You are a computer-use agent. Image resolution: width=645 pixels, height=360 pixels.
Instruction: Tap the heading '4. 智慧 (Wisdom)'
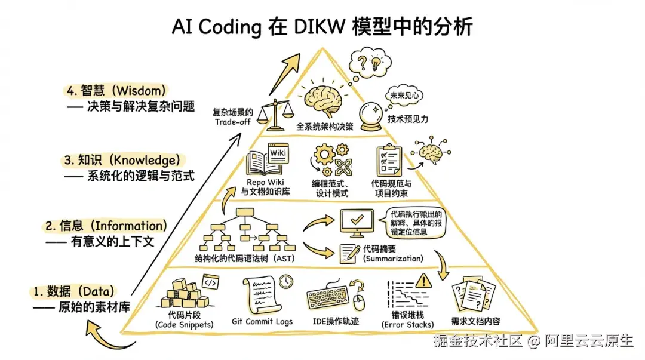(116, 91)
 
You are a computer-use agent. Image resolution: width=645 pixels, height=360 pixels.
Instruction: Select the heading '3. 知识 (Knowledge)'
(122, 160)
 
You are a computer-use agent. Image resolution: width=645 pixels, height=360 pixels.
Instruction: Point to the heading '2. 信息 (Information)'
(106, 226)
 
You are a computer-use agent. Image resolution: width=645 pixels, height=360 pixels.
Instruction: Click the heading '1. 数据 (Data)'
(73, 292)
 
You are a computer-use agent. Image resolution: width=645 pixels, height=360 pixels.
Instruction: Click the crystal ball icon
(371, 117)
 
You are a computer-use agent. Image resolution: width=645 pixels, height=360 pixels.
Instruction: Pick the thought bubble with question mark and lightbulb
(370, 63)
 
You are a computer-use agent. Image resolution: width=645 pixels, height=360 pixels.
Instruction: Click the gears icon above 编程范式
(331, 160)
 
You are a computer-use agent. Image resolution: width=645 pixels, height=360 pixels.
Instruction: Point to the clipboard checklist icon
(389, 161)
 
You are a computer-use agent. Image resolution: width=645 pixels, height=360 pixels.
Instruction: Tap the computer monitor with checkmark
(357, 223)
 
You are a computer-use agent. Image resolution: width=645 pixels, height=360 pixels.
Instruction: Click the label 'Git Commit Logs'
(262, 321)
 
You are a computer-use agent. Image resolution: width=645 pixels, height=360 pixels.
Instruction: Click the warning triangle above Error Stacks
(423, 281)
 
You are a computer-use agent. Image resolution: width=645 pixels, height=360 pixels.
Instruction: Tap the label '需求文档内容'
(475, 321)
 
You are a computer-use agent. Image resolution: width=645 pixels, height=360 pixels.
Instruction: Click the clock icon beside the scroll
(286, 281)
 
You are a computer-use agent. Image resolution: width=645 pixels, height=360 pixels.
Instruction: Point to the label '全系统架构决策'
(325, 127)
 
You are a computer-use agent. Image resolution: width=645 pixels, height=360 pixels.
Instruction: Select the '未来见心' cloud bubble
(404, 96)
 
